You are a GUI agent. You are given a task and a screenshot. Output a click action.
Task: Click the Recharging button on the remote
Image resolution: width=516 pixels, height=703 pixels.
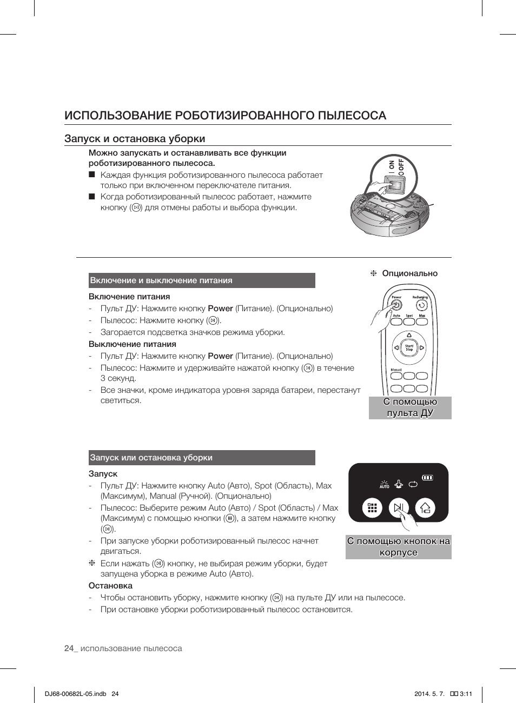[x=421, y=305]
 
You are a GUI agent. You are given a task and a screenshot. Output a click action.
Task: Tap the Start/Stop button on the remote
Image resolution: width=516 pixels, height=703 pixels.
[x=409, y=348]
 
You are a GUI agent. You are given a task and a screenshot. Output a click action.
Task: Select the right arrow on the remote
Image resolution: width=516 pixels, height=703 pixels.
[x=422, y=348]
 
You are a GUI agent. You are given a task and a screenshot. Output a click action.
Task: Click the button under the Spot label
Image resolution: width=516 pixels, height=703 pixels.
[x=409, y=322]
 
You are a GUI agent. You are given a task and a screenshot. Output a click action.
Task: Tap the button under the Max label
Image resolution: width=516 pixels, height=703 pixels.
[x=422, y=322]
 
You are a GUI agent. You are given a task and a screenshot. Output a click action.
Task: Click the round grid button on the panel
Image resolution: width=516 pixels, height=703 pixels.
[x=372, y=508]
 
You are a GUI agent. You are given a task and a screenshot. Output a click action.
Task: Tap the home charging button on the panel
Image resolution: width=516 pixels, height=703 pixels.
[x=425, y=508]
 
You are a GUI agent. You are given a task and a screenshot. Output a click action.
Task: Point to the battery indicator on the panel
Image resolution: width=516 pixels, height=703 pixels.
[x=428, y=478]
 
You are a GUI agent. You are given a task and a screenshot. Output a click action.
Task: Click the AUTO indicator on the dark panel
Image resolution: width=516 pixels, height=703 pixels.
[x=385, y=484]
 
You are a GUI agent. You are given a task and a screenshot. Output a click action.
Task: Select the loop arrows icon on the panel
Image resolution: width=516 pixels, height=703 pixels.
[x=413, y=484]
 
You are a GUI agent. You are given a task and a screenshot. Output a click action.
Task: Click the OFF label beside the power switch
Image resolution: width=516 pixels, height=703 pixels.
[x=401, y=165]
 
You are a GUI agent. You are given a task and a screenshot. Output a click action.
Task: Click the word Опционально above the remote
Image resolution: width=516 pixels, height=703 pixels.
[x=409, y=273]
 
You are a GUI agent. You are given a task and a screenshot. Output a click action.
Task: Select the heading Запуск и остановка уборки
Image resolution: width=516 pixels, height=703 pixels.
[x=135, y=139]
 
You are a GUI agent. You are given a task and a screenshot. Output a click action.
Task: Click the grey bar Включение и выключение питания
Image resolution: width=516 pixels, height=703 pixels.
[x=202, y=280]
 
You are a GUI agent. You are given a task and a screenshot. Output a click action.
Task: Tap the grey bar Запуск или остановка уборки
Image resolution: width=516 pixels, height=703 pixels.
[x=202, y=458]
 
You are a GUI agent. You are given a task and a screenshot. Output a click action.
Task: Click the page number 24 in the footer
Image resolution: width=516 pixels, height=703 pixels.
[x=69, y=648]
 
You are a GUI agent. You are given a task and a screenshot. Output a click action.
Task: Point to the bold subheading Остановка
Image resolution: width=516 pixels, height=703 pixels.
[x=110, y=586]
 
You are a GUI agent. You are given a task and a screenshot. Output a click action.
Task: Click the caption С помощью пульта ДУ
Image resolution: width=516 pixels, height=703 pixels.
[x=410, y=407]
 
